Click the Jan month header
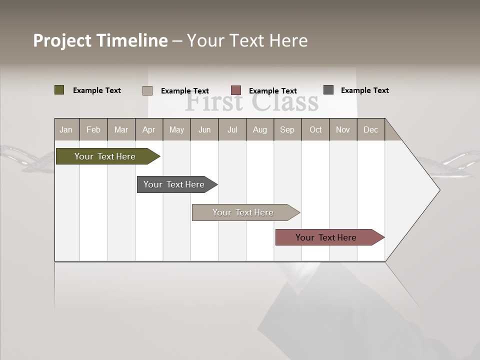(x=66, y=129)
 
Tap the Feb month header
(x=93, y=129)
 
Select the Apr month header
(x=148, y=129)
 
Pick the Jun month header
(x=204, y=129)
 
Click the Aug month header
(x=259, y=129)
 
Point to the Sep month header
(x=287, y=129)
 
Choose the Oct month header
(x=315, y=129)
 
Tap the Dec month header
(x=370, y=129)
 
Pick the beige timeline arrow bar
(x=243, y=212)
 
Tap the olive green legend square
(x=59, y=90)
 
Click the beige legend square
(x=147, y=90)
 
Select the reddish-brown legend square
(x=236, y=90)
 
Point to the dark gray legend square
(x=328, y=90)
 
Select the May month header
(x=176, y=129)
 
